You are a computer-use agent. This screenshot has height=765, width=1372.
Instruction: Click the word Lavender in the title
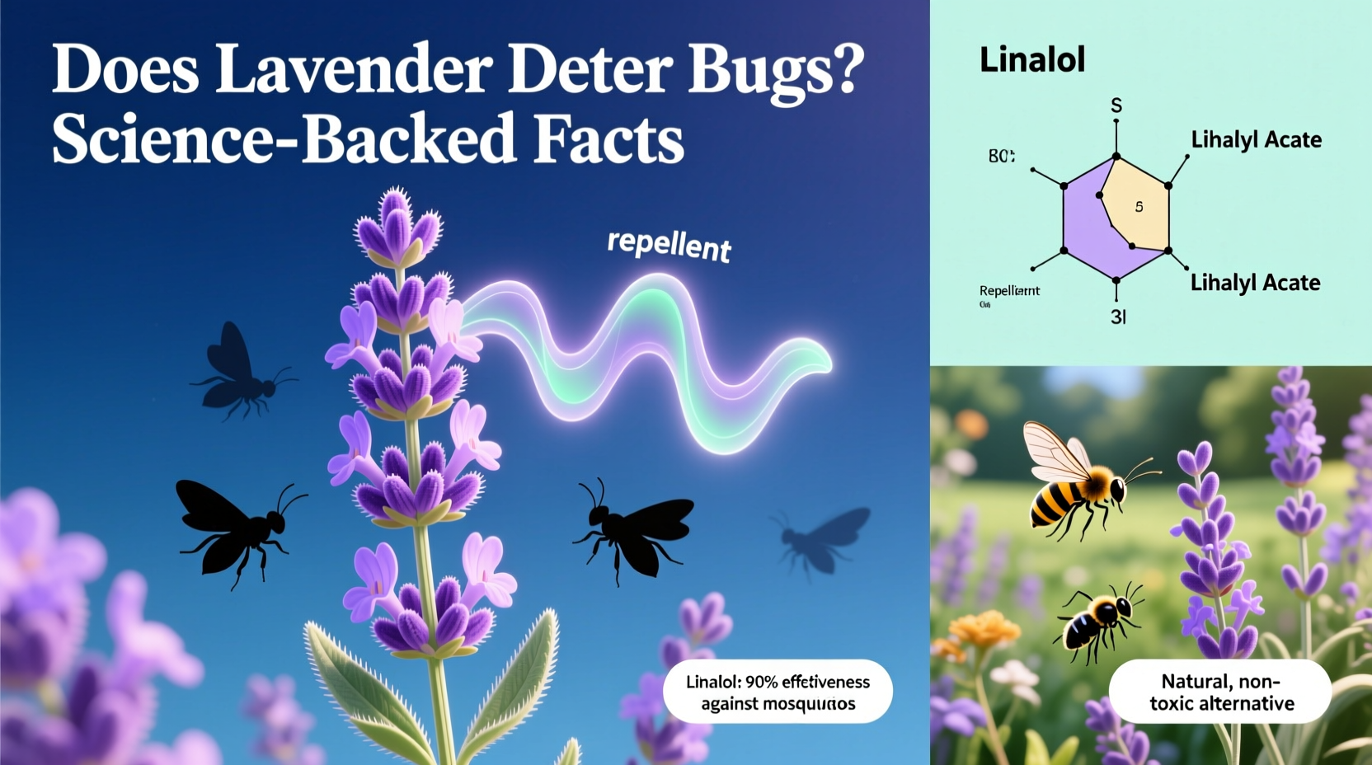pyautogui.click(x=353, y=69)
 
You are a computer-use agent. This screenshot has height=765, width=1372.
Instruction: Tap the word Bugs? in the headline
pyautogui.click(x=775, y=71)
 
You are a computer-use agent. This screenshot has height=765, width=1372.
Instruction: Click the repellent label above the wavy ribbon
pyautogui.click(x=669, y=245)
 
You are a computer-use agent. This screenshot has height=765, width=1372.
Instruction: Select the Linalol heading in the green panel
pyautogui.click(x=1031, y=59)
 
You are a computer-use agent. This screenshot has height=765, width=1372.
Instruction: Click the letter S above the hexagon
pyautogui.click(x=1116, y=106)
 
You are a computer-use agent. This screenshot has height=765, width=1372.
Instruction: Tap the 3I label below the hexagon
pyautogui.click(x=1118, y=317)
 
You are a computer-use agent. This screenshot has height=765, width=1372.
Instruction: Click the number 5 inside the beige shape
pyautogui.click(x=1139, y=207)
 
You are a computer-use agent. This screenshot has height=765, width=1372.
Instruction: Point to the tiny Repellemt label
pyautogui.click(x=1009, y=290)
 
